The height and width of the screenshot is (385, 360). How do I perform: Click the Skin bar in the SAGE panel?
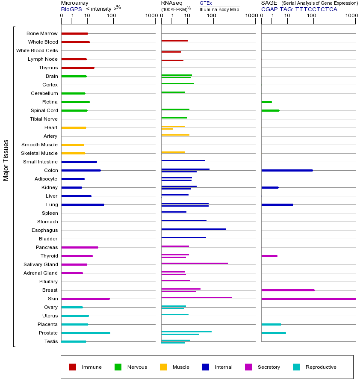coord(308,299)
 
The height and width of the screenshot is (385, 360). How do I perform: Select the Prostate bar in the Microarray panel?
coord(86,333)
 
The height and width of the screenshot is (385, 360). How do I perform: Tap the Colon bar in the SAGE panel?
coord(287,170)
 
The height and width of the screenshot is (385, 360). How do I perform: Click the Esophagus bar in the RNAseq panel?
coord(193,229)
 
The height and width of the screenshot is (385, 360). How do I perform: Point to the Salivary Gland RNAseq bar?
coord(195,263)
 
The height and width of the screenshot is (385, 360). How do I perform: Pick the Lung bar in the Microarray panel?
coord(83,204)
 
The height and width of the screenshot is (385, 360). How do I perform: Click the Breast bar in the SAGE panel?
coord(288,290)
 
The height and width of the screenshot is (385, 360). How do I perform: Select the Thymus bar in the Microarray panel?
coord(78,68)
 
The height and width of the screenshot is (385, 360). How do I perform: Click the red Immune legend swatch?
coord(73,367)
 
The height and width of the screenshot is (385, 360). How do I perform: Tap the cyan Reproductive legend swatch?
coord(296,367)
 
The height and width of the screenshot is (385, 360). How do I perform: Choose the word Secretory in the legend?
coord(269,367)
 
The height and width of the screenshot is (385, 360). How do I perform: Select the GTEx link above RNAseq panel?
coord(206,3)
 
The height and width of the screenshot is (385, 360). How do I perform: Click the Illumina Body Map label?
coord(219,9)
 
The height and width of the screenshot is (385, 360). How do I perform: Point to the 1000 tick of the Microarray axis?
coord(150,16)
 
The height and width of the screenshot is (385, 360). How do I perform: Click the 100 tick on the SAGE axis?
coord(311,16)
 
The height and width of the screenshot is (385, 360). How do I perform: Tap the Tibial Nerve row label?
coord(44,119)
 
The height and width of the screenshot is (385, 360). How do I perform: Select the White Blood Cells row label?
coord(37,50)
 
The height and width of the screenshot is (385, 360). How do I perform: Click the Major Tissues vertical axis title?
coord(6,160)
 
